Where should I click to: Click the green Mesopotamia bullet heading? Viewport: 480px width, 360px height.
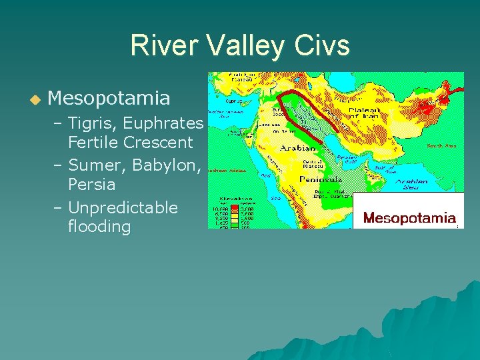tap(109, 99)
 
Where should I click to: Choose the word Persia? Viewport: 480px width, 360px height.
tap(91, 184)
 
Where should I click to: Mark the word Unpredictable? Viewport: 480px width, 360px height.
tap(123, 208)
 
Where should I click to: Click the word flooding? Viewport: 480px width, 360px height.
tap(99, 227)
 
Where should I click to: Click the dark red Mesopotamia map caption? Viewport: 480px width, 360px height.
tap(409, 218)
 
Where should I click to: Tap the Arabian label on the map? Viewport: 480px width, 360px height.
tap(298, 148)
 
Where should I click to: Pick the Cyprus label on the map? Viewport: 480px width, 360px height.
tap(233, 101)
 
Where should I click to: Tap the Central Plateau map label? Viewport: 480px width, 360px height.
tap(313, 164)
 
